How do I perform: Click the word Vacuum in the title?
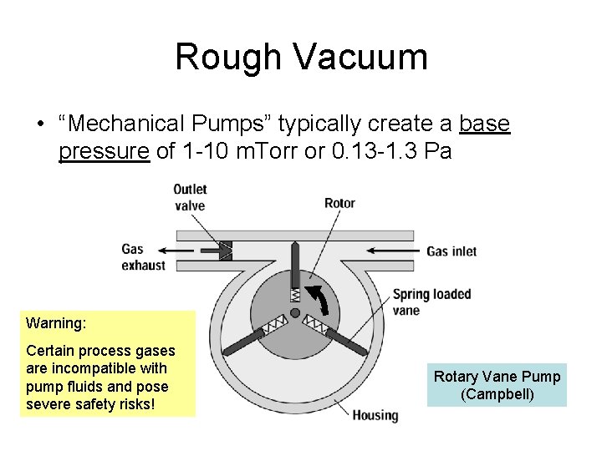click(360, 57)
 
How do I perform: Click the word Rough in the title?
click(228, 57)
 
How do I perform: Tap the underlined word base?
click(485, 124)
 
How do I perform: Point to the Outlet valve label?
click(190, 197)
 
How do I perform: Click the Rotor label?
click(339, 203)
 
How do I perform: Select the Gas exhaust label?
click(144, 256)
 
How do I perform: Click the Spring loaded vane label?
click(431, 302)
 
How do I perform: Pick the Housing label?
click(375, 415)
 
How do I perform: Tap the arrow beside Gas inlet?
click(393, 250)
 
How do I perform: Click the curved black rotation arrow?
click(316, 300)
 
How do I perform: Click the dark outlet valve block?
click(225, 249)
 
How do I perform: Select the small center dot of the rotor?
click(294, 313)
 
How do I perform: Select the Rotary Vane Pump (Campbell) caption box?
click(497, 385)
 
